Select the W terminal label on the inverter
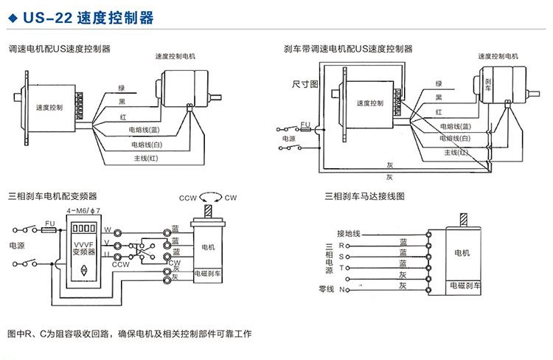[108, 229]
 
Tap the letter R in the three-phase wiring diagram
[341, 244]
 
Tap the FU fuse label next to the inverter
[50, 222]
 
